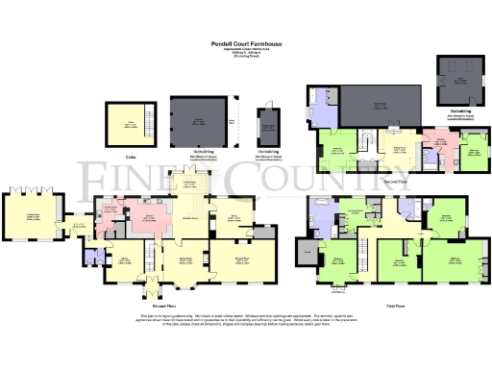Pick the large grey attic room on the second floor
pos(381,105)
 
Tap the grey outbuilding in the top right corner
pos(458,73)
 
